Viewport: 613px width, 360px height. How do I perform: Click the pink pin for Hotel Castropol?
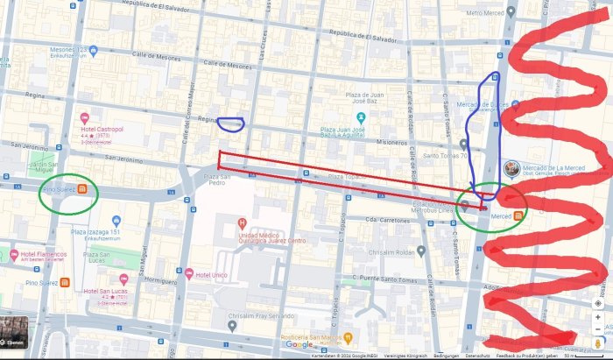click(x=85, y=118)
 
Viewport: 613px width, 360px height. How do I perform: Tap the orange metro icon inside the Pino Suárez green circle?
click(x=82, y=187)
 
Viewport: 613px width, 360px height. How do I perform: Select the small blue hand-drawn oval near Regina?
click(x=229, y=124)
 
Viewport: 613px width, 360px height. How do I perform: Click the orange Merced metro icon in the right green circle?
click(x=518, y=215)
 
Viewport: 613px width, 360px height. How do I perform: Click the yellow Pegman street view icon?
click(x=599, y=342)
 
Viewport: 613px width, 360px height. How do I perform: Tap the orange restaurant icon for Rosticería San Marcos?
click(x=348, y=336)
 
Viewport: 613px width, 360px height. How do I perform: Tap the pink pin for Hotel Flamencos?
click(x=13, y=255)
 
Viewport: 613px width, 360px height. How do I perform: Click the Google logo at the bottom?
click(x=299, y=345)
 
